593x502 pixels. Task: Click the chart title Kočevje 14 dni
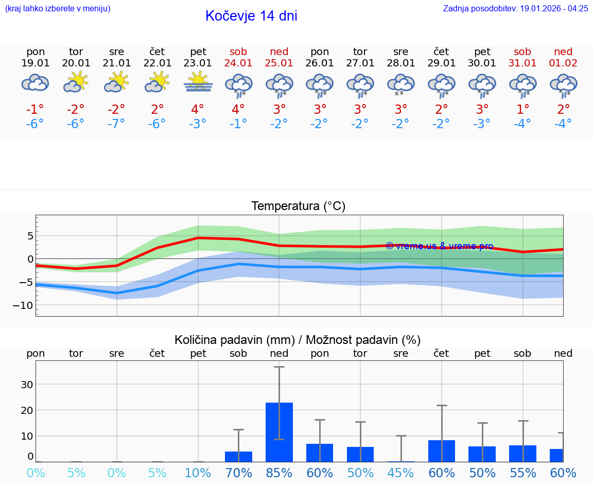pyautogui.click(x=251, y=16)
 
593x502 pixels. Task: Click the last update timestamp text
pyautogui.click(x=515, y=8)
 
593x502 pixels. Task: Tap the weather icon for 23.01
pyautogui.click(x=198, y=83)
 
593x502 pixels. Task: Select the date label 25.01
pyautogui.click(x=279, y=63)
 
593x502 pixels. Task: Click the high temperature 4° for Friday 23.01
pyautogui.click(x=198, y=109)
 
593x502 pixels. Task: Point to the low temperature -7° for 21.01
pyautogui.click(x=116, y=124)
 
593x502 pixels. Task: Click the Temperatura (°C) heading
pyautogui.click(x=298, y=206)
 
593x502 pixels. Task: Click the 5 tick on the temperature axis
pyautogui.click(x=30, y=236)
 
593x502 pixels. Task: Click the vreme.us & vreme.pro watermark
pyautogui.click(x=439, y=246)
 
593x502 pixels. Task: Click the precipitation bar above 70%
pyautogui.click(x=238, y=456)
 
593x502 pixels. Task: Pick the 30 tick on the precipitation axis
pyautogui.click(x=27, y=385)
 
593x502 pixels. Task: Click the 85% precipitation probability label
pyautogui.click(x=279, y=473)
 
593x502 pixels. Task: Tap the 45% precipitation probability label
pyautogui.click(x=400, y=473)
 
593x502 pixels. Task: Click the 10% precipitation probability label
pyautogui.click(x=198, y=473)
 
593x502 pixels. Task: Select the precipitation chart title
pyautogui.click(x=298, y=340)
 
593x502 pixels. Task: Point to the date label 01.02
pyautogui.click(x=563, y=63)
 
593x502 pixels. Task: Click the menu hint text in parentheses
pyautogui.click(x=58, y=8)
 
